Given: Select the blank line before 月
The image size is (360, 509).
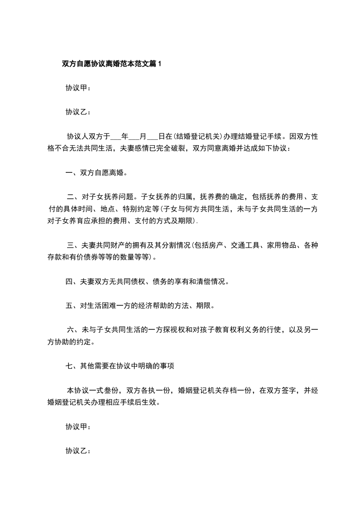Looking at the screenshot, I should pos(135,136).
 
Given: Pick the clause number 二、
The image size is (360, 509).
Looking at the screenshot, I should pos(74,197).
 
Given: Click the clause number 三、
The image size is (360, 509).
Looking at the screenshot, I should pos(74,246).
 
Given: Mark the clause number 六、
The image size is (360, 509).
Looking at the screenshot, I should pos(74,330).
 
